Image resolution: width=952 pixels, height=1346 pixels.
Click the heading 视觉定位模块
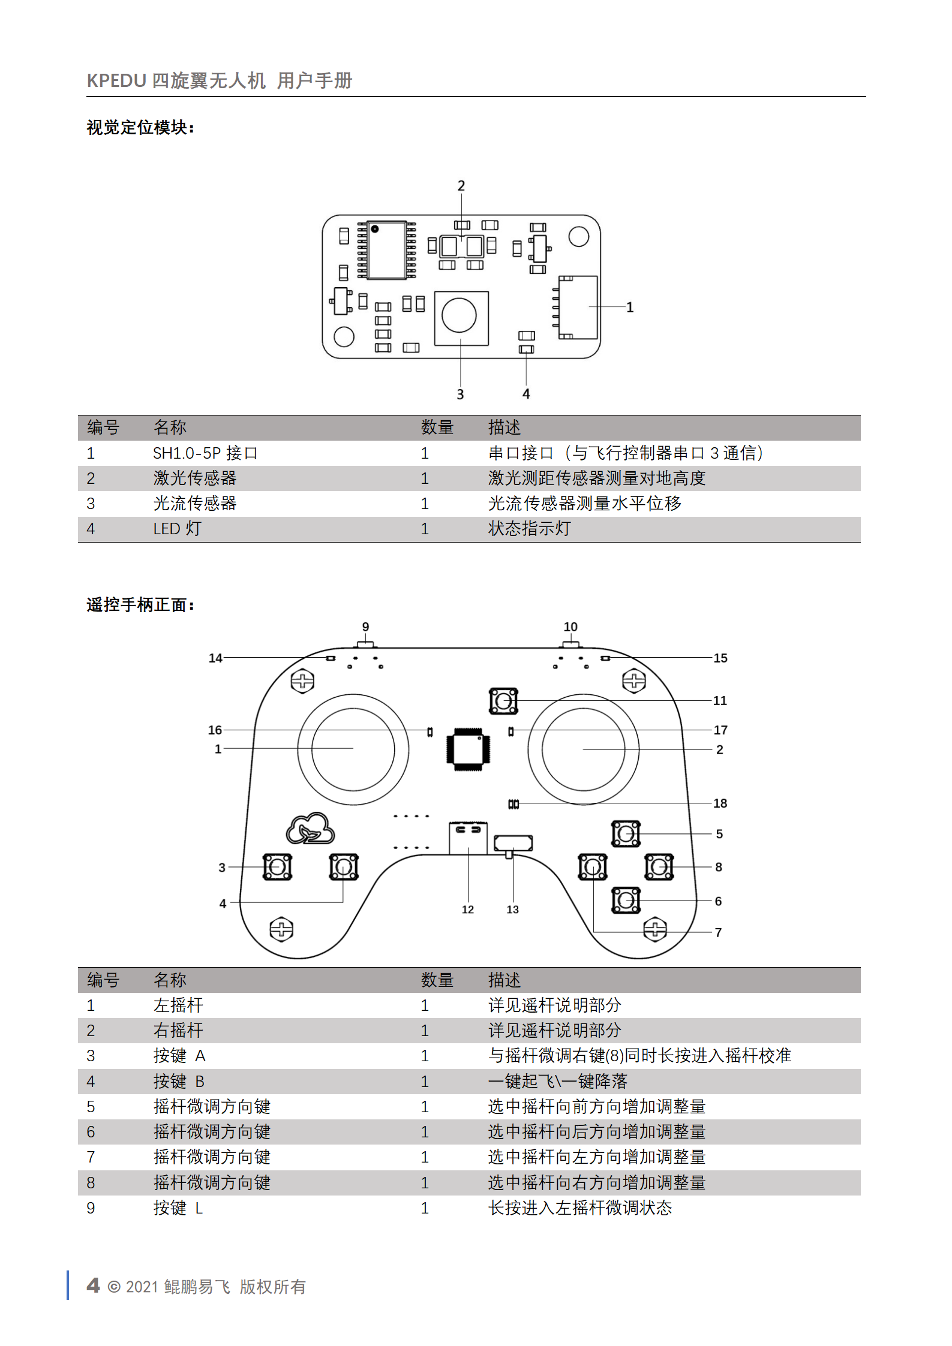pyautogui.click(x=140, y=128)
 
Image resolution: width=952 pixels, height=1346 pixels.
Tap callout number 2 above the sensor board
pyautogui.click(x=461, y=186)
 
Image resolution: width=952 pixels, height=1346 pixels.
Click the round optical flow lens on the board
pyautogui.click(x=459, y=315)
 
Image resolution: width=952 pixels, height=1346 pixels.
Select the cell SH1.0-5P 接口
pyautogui.click(x=205, y=453)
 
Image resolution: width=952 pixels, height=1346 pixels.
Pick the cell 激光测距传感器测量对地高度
pyautogui.click(x=596, y=478)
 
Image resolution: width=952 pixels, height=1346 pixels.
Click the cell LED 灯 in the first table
pyautogui.click(x=177, y=529)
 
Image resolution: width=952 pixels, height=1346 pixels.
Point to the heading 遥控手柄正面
pyautogui.click(x=140, y=605)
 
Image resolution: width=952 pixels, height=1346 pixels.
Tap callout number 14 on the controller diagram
pyautogui.click(x=215, y=658)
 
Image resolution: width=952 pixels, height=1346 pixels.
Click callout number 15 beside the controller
pyautogui.click(x=720, y=658)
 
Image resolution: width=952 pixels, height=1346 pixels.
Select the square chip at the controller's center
pyautogui.click(x=468, y=749)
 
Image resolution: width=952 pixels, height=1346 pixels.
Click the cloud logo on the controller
pyautogui.click(x=310, y=829)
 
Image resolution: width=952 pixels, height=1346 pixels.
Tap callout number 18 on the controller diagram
pyautogui.click(x=720, y=803)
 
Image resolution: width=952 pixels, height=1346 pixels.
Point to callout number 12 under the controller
pyautogui.click(x=468, y=910)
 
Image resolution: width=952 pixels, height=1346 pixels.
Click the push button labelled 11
pyautogui.click(x=503, y=701)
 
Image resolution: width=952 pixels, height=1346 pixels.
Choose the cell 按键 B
pyautogui.click(x=179, y=1082)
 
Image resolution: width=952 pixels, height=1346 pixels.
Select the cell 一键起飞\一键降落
pyautogui.click(x=557, y=1082)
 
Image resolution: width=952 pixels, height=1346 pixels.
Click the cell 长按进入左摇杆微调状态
pyautogui.click(x=579, y=1208)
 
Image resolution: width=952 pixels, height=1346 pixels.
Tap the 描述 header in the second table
pyautogui.click(x=504, y=980)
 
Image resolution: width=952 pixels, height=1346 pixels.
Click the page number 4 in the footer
pyautogui.click(x=93, y=1285)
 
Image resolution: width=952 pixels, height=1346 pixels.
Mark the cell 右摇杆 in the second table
pyautogui.click(x=178, y=1031)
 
